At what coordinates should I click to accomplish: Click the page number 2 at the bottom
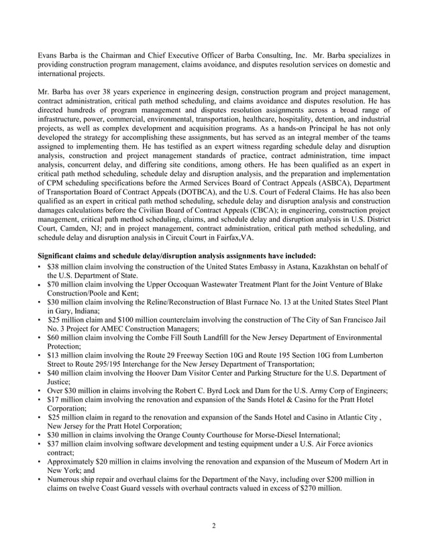coord(213,525)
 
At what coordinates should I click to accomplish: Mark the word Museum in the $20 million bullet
coord(319,463)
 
